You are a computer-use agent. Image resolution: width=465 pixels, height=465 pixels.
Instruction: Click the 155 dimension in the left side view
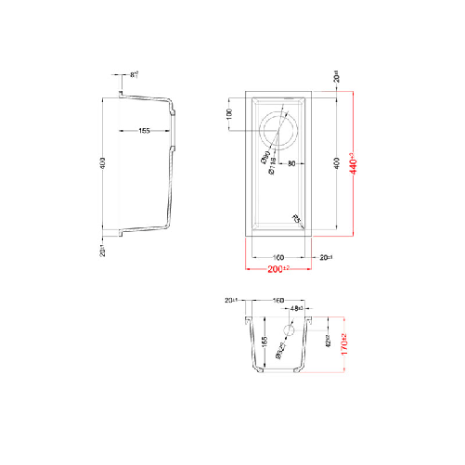(145, 131)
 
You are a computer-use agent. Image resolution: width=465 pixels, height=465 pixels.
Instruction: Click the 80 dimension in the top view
(291, 164)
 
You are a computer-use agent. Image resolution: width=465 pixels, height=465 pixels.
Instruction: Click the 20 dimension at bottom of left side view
(103, 249)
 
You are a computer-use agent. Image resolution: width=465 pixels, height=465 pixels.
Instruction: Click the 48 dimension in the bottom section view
(296, 308)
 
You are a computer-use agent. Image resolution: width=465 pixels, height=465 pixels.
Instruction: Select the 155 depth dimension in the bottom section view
(265, 345)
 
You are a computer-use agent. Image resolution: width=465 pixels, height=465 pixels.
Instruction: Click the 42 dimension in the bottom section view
(327, 340)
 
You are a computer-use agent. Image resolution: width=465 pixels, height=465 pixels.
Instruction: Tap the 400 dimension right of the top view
(335, 163)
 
